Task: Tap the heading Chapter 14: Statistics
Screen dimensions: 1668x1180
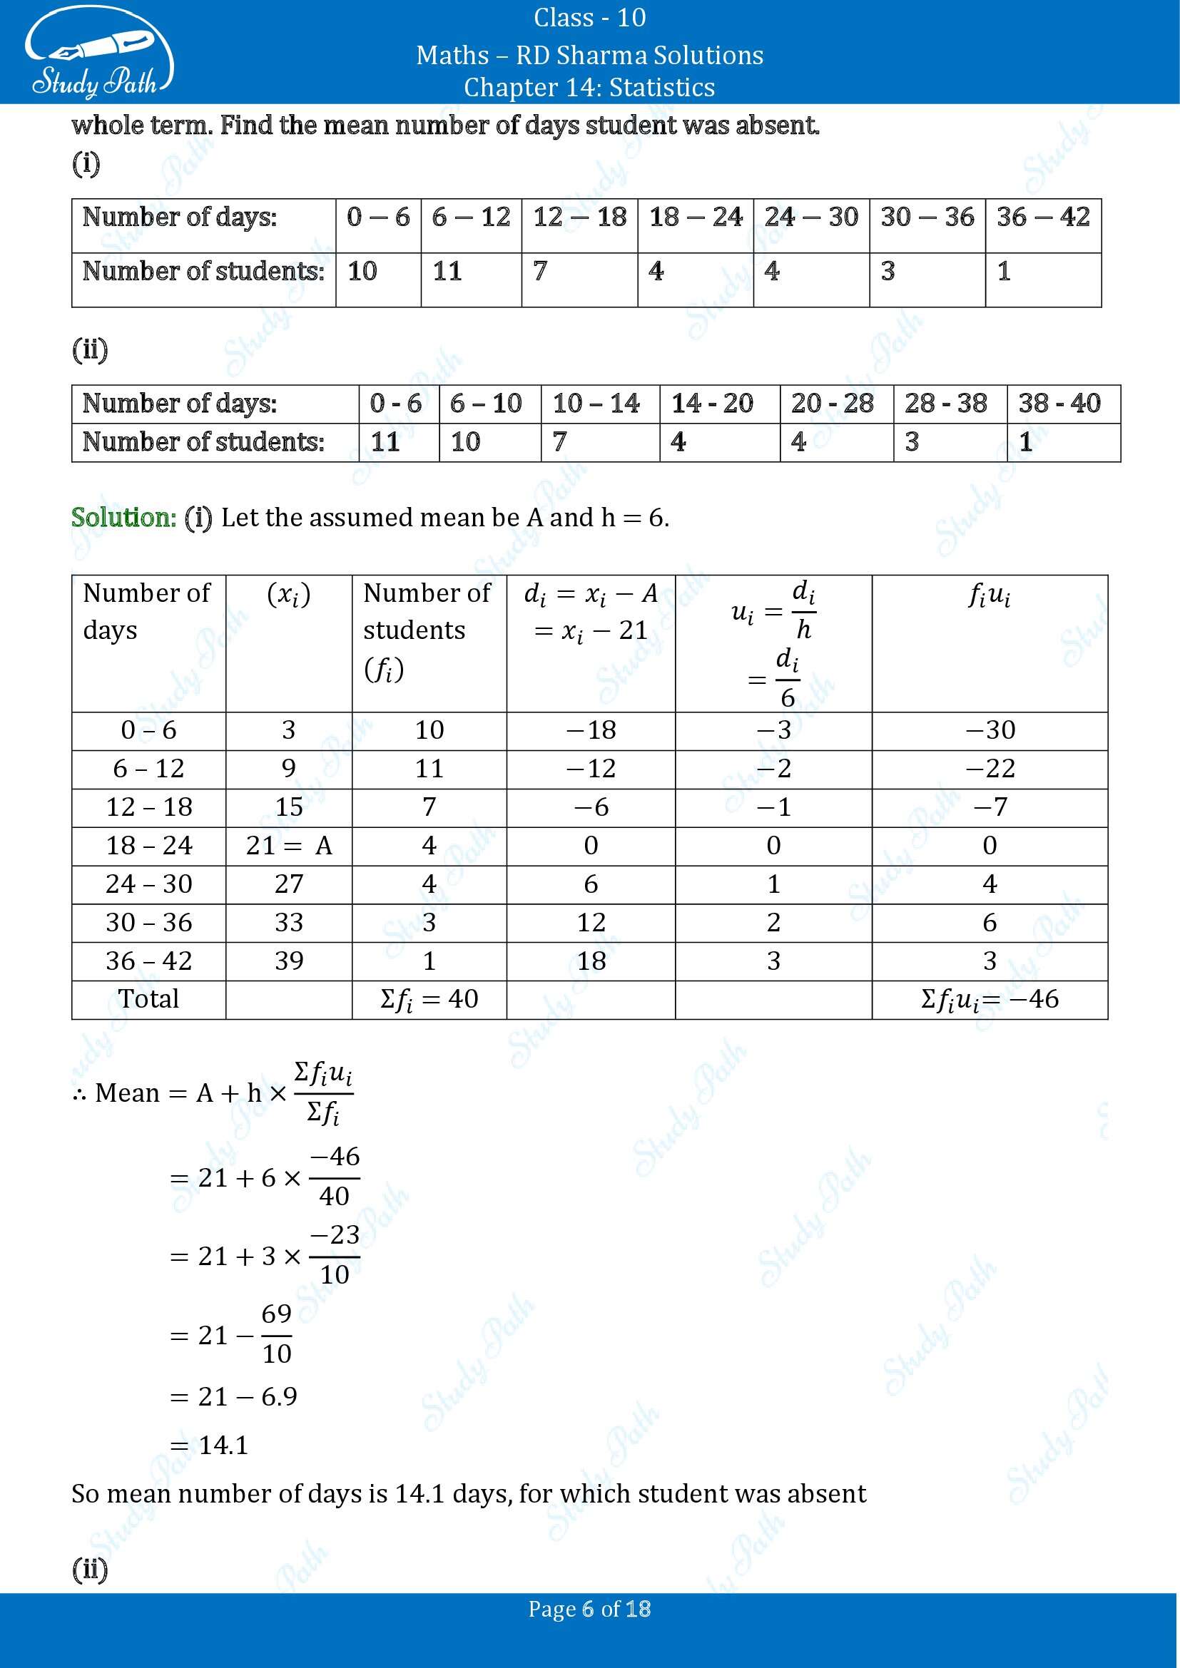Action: (589, 87)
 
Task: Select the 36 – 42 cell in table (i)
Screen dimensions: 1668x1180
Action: (1043, 218)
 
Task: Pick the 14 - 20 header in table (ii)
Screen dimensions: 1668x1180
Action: (712, 403)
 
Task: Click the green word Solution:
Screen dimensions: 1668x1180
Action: (123, 518)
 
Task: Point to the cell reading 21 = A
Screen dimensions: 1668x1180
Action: (288, 846)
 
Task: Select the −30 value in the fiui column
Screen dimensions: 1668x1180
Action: (990, 730)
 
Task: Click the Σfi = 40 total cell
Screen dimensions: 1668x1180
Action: (429, 1000)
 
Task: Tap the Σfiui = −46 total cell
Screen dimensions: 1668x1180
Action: (990, 1000)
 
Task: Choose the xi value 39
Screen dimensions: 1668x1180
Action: (288, 961)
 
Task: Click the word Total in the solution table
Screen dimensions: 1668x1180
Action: (148, 1000)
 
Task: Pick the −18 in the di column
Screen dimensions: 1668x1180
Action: (590, 730)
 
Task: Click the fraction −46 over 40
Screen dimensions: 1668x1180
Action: (334, 1176)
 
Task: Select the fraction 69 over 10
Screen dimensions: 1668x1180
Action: (276, 1334)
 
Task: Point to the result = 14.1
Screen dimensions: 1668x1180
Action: (210, 1445)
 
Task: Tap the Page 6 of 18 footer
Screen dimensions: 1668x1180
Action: (589, 1609)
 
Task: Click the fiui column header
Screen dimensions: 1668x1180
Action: (990, 596)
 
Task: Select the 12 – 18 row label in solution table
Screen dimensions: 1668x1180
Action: (148, 807)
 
